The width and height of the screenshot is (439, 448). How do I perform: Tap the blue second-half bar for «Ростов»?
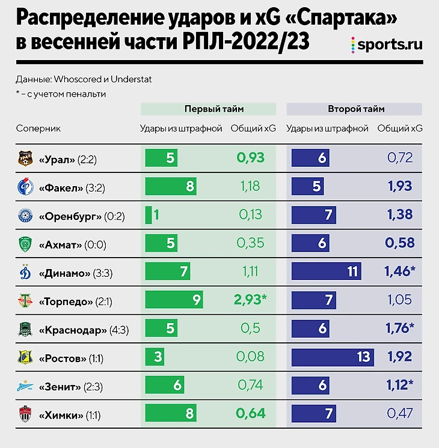point(333,357)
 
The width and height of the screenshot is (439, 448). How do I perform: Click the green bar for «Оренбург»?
point(149,215)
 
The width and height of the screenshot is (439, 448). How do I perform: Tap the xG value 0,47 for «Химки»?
point(400,414)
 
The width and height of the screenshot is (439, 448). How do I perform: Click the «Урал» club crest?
point(25,159)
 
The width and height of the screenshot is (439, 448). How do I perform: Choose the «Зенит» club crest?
point(25,386)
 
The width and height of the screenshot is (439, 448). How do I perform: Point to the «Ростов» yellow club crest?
point(25,357)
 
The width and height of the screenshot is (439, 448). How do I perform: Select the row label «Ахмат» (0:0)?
point(69,244)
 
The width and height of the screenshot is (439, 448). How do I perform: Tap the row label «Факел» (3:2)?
point(72,188)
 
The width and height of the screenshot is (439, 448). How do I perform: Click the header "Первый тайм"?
point(208,109)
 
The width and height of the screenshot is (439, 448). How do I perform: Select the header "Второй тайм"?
point(356,109)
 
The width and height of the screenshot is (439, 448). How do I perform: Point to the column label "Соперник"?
point(38,128)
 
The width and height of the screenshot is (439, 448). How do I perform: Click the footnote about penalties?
point(61,94)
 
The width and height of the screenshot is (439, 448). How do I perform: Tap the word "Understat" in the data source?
point(146,79)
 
